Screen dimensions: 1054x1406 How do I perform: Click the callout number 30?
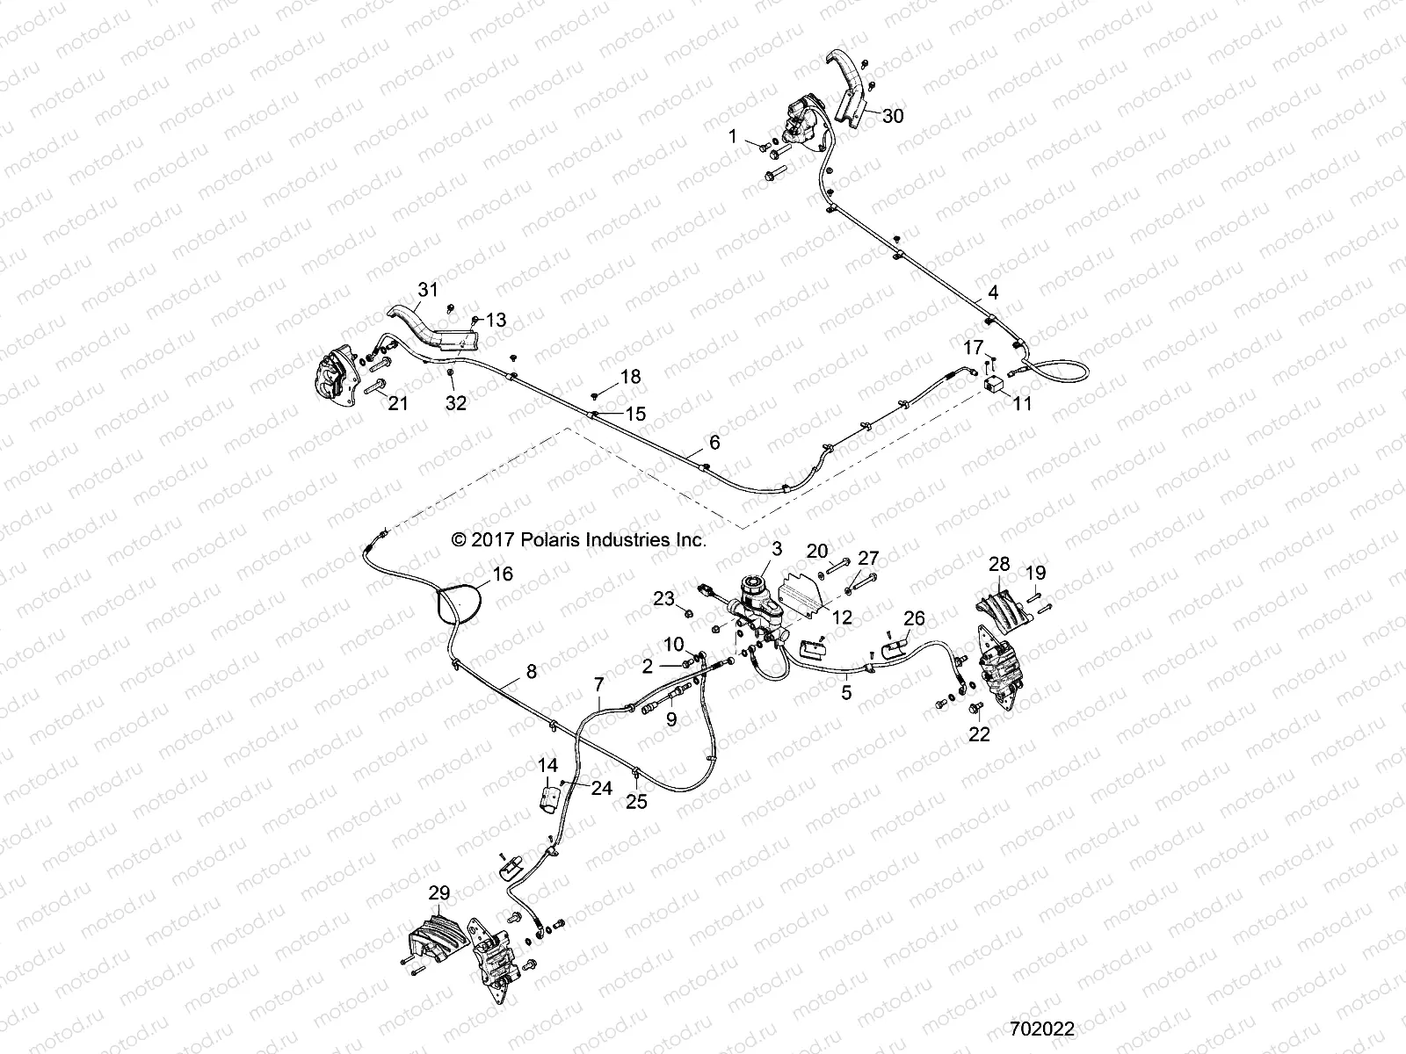point(893,115)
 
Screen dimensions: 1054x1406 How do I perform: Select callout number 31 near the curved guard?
point(427,289)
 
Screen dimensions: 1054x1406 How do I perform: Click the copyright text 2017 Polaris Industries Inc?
point(578,540)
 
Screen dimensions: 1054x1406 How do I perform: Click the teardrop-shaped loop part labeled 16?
point(460,604)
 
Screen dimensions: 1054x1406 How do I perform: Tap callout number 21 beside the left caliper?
point(399,403)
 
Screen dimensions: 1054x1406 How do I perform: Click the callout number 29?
point(439,893)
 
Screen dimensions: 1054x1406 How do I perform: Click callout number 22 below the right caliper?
point(979,733)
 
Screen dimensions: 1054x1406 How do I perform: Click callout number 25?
point(637,801)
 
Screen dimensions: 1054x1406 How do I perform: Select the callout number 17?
point(973,348)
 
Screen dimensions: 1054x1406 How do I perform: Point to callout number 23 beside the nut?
point(663,599)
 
